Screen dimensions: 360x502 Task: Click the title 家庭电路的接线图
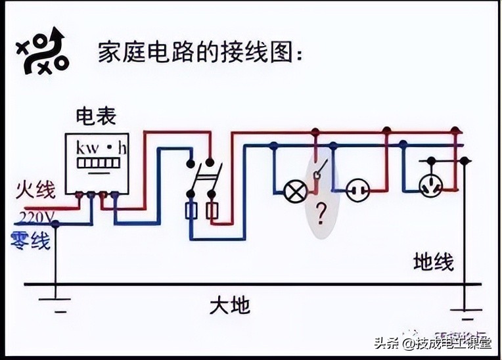click(x=201, y=52)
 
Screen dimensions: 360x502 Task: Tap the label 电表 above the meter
click(x=96, y=116)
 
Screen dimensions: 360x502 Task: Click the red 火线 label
click(x=35, y=189)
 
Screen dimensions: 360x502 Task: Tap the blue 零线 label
click(x=30, y=241)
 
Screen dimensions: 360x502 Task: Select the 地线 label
click(x=433, y=261)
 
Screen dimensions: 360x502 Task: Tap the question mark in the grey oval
click(x=321, y=213)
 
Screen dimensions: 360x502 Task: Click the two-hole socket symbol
click(x=357, y=191)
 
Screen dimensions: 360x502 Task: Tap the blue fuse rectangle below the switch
click(x=192, y=212)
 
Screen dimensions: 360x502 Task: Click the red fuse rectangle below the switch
click(x=212, y=212)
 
